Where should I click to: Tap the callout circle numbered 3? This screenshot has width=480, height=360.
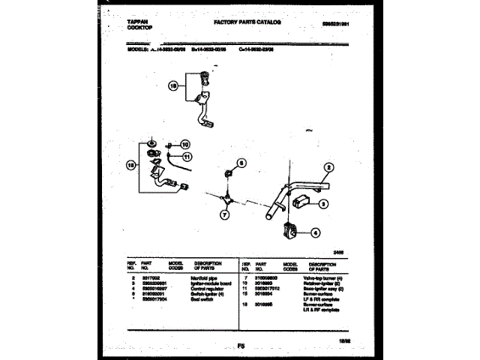[x=323, y=203]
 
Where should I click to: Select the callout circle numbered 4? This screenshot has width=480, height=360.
[x=316, y=232]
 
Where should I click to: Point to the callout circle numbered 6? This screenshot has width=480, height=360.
[x=241, y=163]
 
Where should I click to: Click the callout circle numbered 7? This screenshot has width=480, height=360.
[x=223, y=214]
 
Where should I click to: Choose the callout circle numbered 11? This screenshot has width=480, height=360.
[x=187, y=156]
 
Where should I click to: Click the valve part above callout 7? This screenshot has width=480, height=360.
[x=227, y=196]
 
